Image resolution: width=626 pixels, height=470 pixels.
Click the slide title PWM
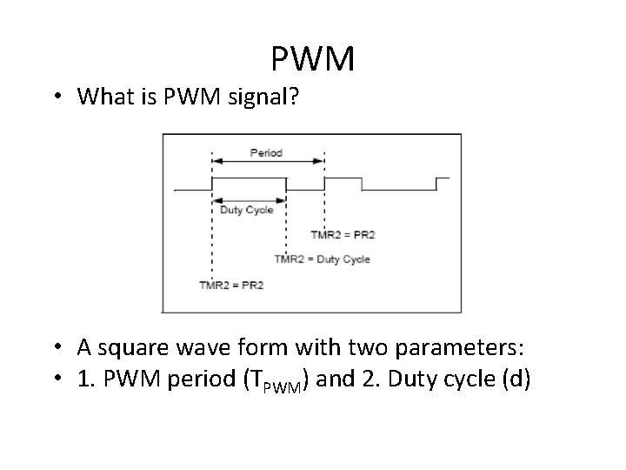coord(312,59)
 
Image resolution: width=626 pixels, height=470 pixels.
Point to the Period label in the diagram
coord(266,153)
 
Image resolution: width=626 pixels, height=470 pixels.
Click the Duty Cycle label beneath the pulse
coord(247,210)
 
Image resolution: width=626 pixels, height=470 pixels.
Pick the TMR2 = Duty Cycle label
coord(322,258)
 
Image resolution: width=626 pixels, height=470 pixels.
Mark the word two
coord(367,349)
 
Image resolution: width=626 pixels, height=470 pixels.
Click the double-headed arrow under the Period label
coord(268,162)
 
